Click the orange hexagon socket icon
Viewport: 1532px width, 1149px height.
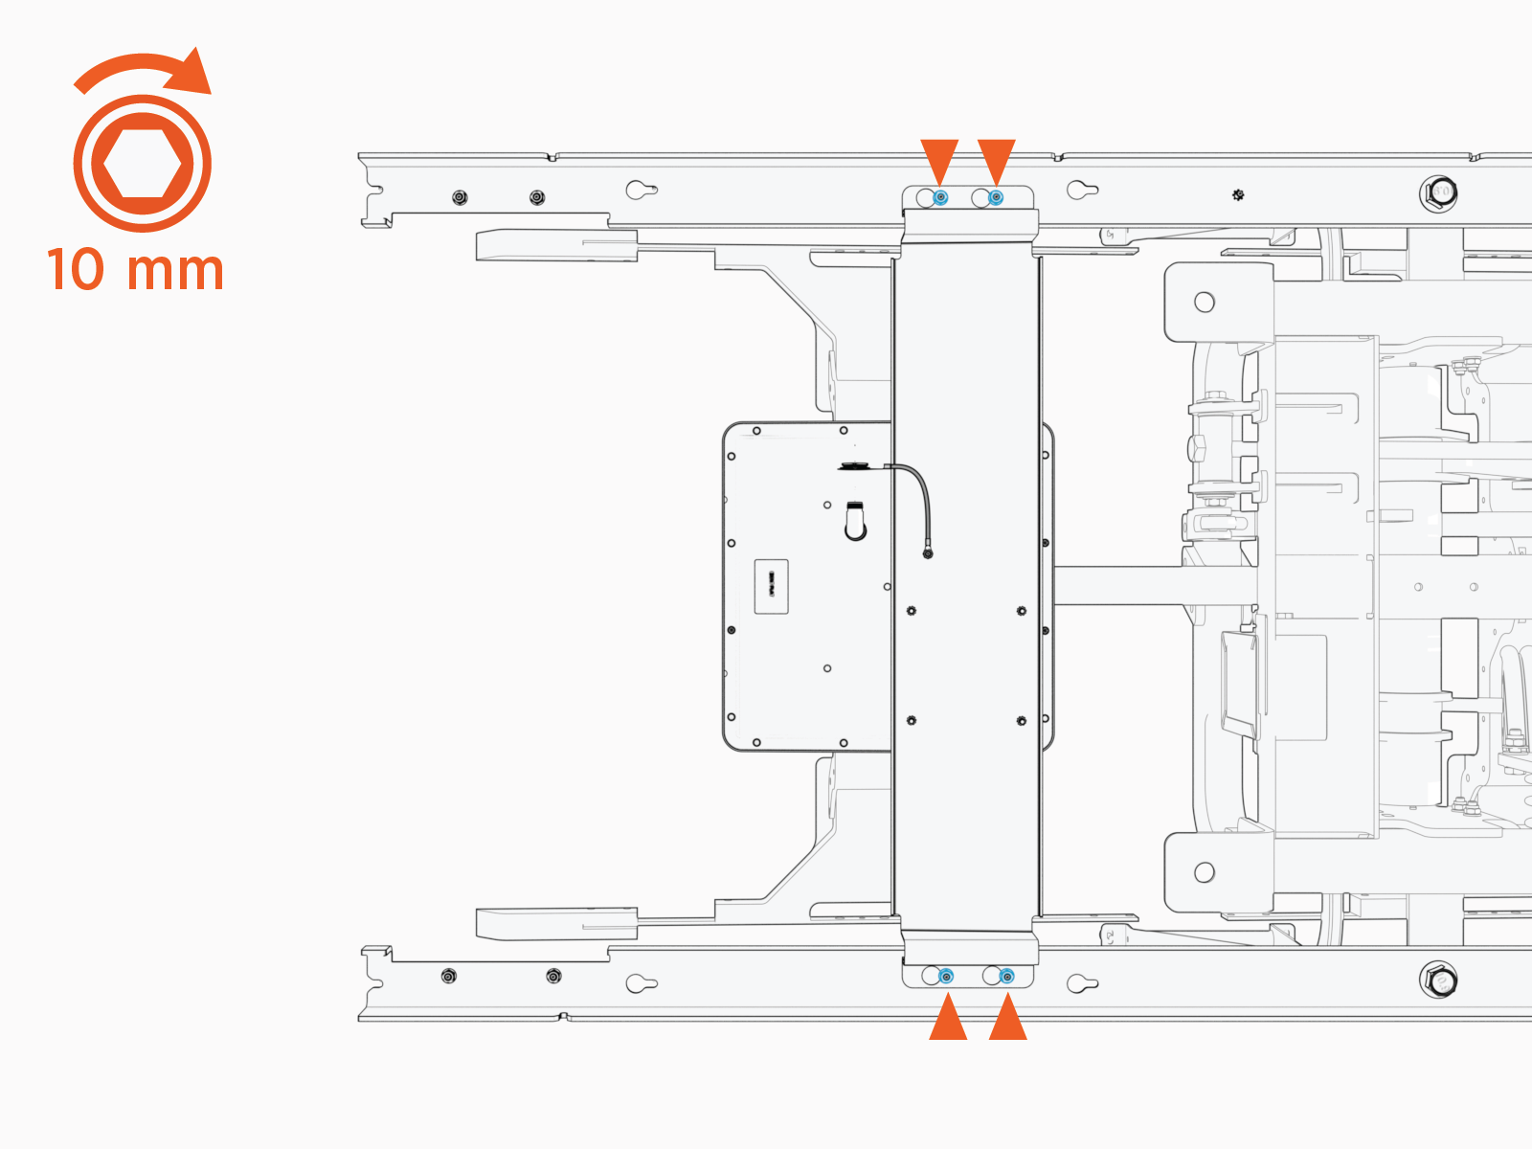pos(142,164)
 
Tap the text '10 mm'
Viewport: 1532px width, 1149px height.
pos(135,270)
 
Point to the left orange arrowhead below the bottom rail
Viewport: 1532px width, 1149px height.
pos(948,1018)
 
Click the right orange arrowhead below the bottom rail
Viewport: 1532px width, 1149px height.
pos(1007,1018)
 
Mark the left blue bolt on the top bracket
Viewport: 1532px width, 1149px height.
pos(941,197)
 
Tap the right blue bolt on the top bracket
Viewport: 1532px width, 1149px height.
pos(996,197)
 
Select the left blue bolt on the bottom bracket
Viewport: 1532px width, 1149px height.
pos(947,977)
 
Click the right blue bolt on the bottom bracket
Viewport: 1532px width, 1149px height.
pos(1006,977)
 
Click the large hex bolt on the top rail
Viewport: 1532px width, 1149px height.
pos(1438,193)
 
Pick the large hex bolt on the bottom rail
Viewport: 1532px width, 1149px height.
pos(1438,980)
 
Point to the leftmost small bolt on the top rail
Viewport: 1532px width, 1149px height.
pos(460,197)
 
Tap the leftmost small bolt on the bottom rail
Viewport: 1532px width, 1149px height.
pos(448,977)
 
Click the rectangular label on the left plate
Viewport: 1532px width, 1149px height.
pos(771,586)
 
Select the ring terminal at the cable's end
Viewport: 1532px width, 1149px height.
pos(927,553)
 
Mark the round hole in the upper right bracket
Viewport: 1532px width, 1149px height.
pos(1205,303)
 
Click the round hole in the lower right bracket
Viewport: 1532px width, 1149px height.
pos(1205,872)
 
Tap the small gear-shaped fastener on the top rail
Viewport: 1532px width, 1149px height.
pos(1238,195)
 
